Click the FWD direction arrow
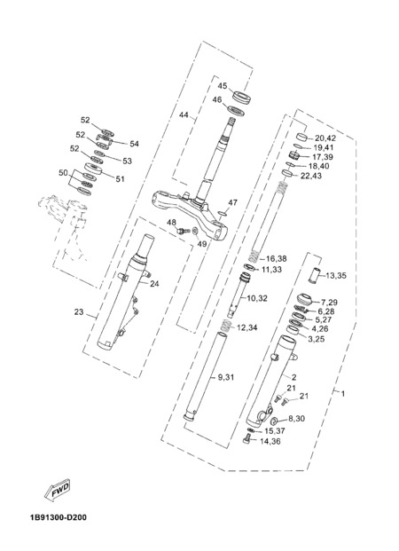coord(58,489)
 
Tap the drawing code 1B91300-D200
coord(58,517)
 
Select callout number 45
coord(223,86)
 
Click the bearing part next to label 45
coord(242,97)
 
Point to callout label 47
coord(232,202)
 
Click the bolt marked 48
coord(184,231)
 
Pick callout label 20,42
coord(325,138)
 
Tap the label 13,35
coord(336,275)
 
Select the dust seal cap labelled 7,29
coord(304,299)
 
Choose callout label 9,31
coord(226,377)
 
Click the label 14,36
coord(270,441)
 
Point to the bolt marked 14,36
coord(247,438)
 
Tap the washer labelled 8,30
coord(275,421)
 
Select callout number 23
coord(79,311)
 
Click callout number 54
coord(134,144)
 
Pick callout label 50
coord(63,173)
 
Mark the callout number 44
coord(184,115)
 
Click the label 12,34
coord(246,328)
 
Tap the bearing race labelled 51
coord(93,169)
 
